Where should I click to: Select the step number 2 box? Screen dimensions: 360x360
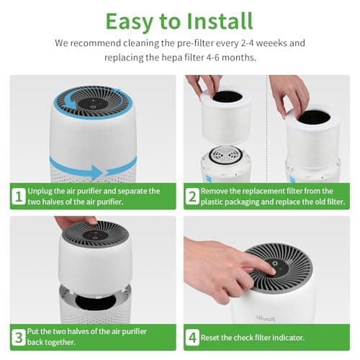click(x=192, y=196)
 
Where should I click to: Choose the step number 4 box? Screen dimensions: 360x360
click(x=192, y=337)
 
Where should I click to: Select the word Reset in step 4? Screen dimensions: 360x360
click(x=215, y=337)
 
